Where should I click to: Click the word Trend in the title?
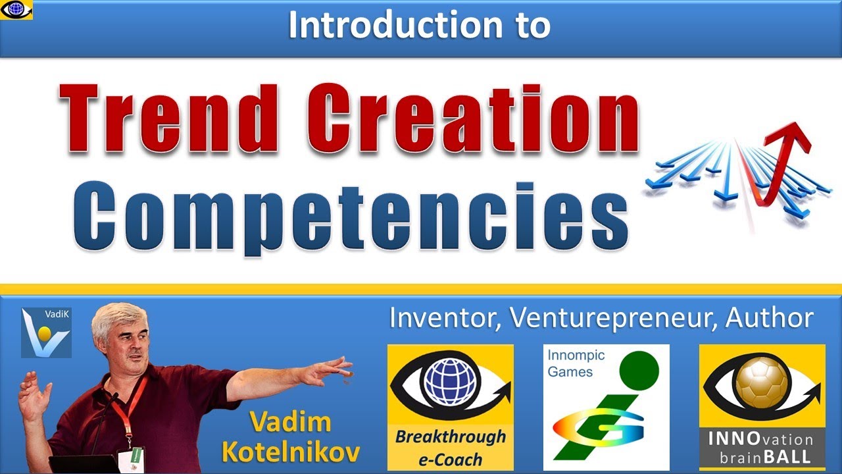(x=170, y=118)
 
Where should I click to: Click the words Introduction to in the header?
(x=419, y=25)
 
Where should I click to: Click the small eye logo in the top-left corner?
(x=16, y=9)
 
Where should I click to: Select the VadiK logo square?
(x=46, y=332)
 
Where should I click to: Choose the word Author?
(x=770, y=318)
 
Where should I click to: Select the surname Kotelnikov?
(x=291, y=452)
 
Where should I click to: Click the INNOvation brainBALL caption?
(x=762, y=448)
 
